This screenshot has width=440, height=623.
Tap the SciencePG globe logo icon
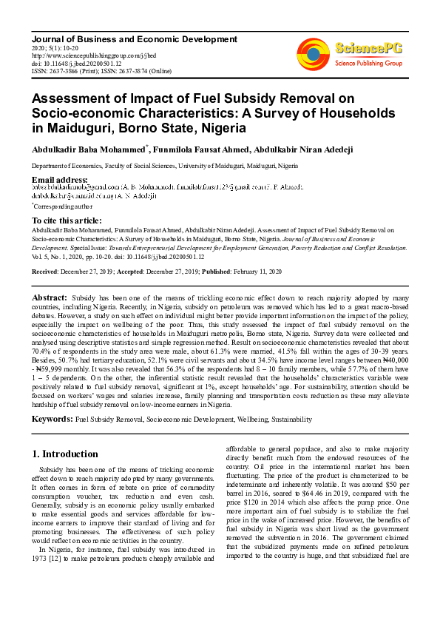point(313,53)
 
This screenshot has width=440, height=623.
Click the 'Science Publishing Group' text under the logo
point(368,64)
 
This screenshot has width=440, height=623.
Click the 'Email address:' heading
point(60,180)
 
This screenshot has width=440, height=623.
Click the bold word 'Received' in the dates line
point(45,272)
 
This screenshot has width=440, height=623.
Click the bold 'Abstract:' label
point(50,297)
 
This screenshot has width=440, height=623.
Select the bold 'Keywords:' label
point(52,419)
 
